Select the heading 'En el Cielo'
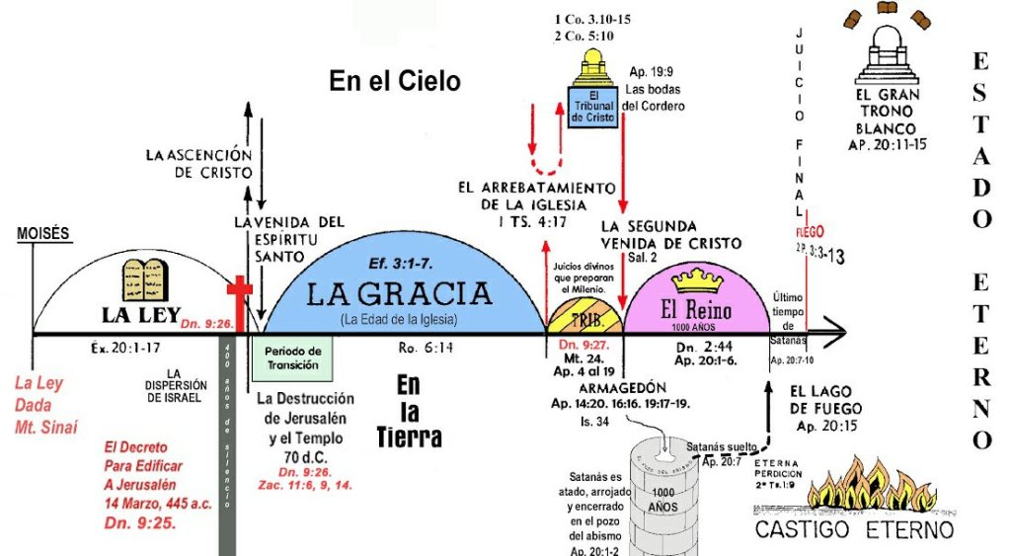[x=395, y=81]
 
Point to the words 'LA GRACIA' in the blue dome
[x=399, y=293]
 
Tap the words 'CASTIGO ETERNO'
[x=854, y=531]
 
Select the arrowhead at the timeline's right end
[x=838, y=334]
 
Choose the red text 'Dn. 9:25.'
[x=140, y=522]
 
